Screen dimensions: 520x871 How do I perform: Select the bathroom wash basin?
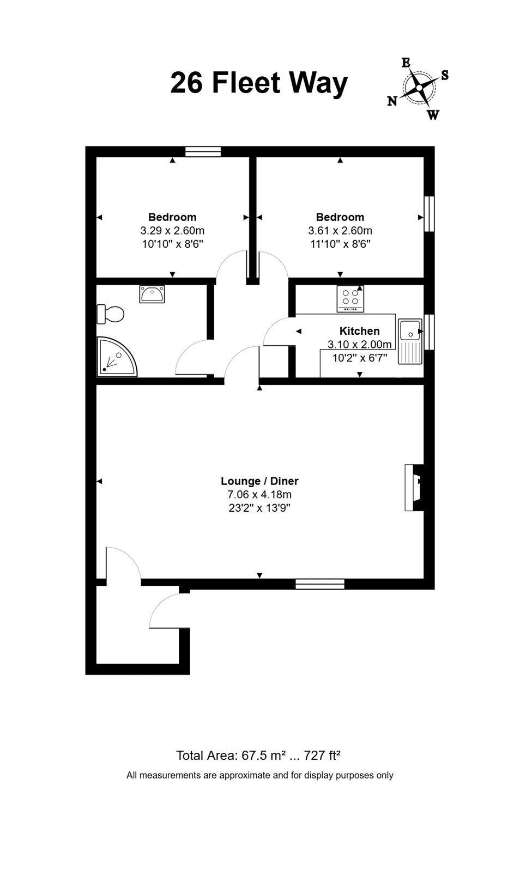click(152, 294)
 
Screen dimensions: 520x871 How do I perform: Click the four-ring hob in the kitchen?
click(350, 299)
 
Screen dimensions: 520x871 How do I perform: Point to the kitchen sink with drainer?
click(410, 341)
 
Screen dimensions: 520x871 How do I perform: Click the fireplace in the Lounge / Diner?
click(414, 487)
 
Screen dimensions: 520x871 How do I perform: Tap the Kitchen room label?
click(359, 331)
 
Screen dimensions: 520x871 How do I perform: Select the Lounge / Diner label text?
click(259, 481)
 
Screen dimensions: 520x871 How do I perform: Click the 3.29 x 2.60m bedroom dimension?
click(172, 231)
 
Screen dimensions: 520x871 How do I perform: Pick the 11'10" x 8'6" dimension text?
click(340, 244)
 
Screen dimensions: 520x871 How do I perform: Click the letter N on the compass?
click(392, 101)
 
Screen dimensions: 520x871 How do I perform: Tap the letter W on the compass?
click(433, 115)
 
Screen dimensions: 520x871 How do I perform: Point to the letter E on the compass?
click(406, 63)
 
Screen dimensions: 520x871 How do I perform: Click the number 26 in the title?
click(187, 83)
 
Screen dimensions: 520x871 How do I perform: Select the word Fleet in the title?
click(246, 83)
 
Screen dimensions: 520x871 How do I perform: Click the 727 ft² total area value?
click(322, 755)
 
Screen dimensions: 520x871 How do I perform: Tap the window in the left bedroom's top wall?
click(203, 152)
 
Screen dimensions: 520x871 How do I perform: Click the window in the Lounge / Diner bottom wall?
click(320, 584)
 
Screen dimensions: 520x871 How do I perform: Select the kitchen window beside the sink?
click(429, 332)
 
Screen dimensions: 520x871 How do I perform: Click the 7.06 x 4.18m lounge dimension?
click(259, 495)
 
